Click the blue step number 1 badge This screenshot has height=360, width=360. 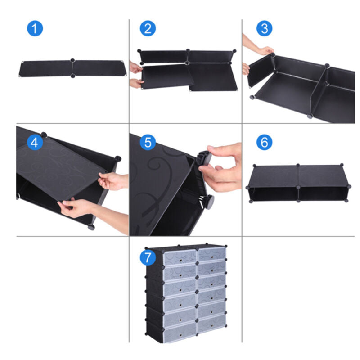[x=35, y=29]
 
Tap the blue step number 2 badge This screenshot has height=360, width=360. [x=148, y=29]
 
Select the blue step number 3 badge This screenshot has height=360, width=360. [x=265, y=29]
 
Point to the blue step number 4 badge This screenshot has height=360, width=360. [x=35, y=142]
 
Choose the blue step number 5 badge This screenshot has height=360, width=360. [x=148, y=142]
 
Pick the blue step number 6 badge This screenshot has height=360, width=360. [x=265, y=142]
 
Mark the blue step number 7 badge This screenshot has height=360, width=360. [x=148, y=257]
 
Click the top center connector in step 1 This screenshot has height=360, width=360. [x=72, y=60]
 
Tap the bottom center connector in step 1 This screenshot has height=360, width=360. [x=73, y=76]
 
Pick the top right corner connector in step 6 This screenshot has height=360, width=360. [x=342, y=165]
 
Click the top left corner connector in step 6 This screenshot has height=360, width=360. [x=254, y=166]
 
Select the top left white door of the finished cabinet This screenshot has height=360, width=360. [x=180, y=257]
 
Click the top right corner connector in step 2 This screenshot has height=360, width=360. [x=234, y=51]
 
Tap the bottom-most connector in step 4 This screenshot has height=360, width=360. [x=91, y=227]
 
